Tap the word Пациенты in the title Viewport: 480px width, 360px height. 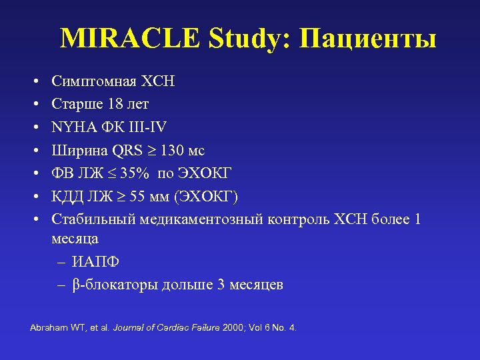368,40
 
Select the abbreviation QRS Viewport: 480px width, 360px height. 126,150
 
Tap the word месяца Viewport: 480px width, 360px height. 75,238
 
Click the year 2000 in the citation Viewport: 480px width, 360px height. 233,328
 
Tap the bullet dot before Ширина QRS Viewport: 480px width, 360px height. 33,150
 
